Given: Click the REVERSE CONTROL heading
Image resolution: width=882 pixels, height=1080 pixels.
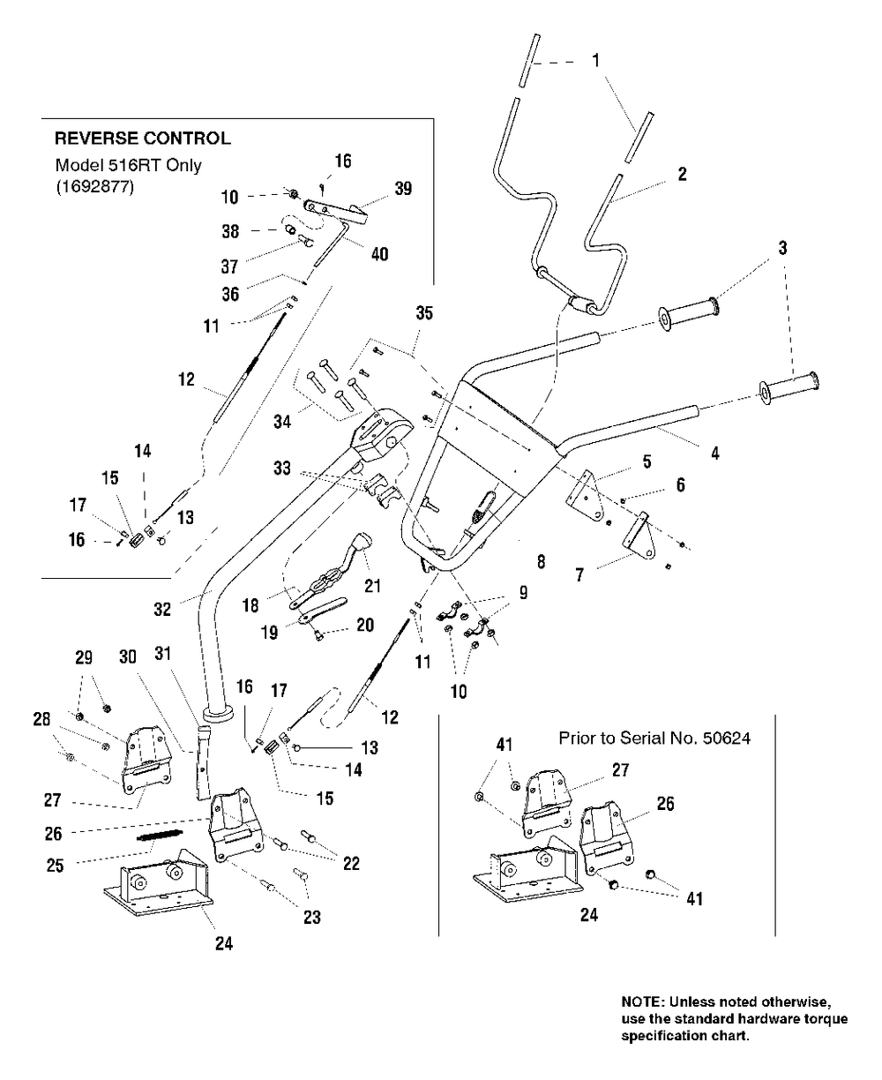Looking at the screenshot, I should point(143,139).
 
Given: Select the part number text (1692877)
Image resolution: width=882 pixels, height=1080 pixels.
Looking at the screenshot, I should point(94,186).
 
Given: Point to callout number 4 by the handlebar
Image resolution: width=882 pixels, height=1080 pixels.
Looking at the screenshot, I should point(714,454).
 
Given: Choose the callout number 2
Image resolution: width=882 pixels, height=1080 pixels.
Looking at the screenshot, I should point(682,176).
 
